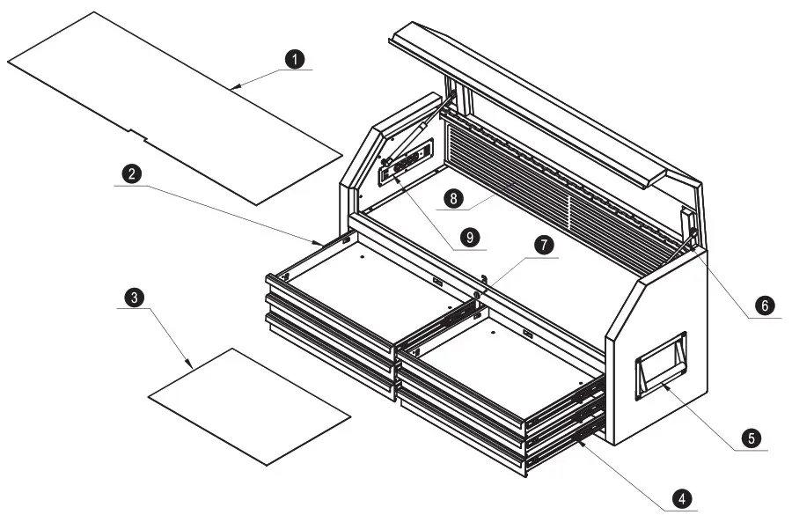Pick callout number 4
[679, 498]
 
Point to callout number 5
[750, 437]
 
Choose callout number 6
[764, 305]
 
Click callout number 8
[453, 199]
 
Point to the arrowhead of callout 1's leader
[236, 87]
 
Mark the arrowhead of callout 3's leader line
[189, 366]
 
